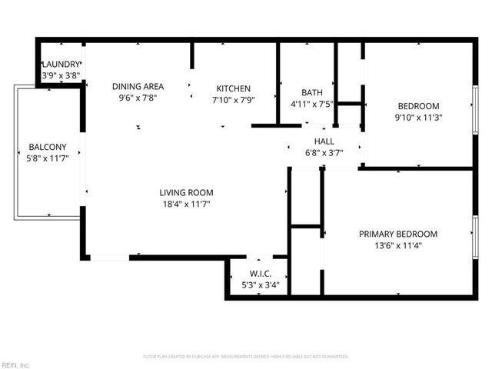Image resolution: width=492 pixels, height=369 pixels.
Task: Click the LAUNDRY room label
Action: coord(61,65)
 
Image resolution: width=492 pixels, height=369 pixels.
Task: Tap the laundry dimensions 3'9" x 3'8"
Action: coord(61,75)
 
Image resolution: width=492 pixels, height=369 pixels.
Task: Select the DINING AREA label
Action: coord(137,87)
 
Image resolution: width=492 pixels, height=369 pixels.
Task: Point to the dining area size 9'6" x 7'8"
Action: coord(137,98)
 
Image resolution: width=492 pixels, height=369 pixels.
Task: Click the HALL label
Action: coord(324,141)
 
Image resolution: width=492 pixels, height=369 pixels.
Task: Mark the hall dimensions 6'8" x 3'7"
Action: coord(324,152)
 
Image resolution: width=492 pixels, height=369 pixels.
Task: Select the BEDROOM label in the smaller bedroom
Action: coord(417,106)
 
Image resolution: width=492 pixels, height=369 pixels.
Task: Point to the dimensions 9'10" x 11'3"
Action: coord(417,118)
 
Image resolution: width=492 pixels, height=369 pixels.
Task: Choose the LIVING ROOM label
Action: coord(186,192)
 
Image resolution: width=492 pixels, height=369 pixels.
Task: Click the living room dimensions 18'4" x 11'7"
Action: coord(186,204)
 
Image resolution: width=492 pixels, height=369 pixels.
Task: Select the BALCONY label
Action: coord(48,147)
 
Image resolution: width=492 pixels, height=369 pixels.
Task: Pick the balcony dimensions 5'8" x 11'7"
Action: coord(48,158)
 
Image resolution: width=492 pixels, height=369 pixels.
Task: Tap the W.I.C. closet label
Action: coord(259,274)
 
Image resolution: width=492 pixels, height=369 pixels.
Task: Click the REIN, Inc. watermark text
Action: coord(15,364)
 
